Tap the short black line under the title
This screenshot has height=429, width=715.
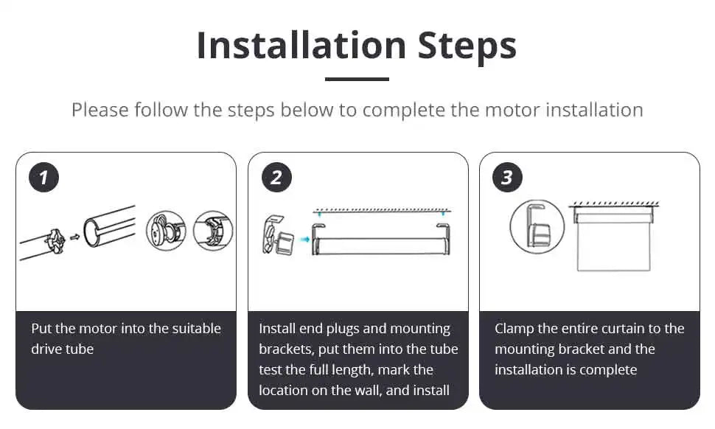(357, 79)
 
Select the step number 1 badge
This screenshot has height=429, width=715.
(43, 178)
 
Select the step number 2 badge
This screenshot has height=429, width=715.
(276, 178)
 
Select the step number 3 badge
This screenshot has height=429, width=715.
(507, 178)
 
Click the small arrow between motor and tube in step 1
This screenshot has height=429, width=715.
(76, 237)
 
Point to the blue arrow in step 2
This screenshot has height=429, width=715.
(304, 239)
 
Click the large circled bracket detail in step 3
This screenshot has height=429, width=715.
(537, 226)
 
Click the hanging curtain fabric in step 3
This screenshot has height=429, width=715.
(613, 248)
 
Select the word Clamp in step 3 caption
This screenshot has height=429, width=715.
(515, 329)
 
